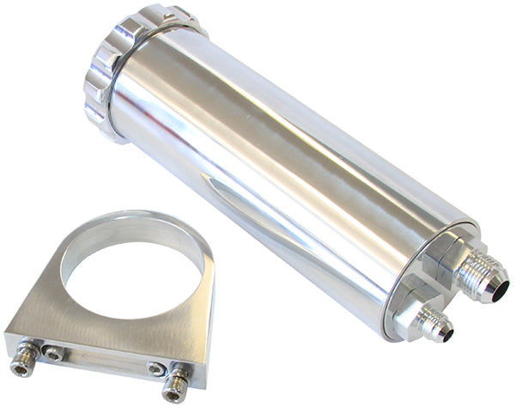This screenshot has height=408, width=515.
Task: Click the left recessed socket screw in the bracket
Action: [x=53, y=353]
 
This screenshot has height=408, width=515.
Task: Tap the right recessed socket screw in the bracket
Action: [x=155, y=368]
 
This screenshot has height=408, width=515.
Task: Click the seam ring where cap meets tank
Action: [x=129, y=77]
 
